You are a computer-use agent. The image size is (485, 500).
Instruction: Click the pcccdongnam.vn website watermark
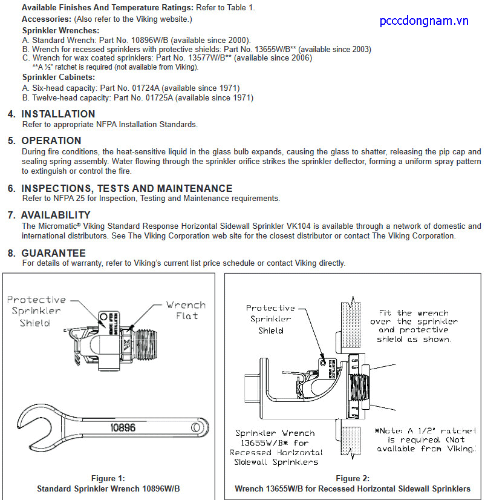(424, 21)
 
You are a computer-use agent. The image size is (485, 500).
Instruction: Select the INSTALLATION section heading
(58, 114)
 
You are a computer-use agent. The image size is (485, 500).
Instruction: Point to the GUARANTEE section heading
(53, 253)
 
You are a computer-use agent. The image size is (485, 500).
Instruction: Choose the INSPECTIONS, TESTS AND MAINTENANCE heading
(126, 188)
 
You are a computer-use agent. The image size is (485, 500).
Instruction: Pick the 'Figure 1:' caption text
(108, 479)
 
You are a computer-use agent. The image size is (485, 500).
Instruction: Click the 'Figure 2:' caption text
(353, 479)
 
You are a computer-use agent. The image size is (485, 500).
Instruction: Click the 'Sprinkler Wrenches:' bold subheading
(61, 30)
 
